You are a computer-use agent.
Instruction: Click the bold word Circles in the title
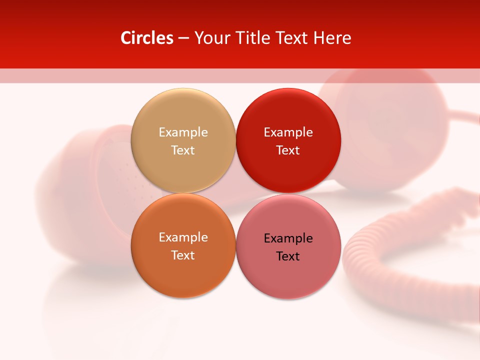coord(146,38)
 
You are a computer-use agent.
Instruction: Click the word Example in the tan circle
coord(183,132)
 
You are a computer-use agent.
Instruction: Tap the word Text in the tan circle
coord(183,150)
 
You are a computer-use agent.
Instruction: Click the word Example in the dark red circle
coord(288,132)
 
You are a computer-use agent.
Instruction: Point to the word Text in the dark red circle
coord(288,150)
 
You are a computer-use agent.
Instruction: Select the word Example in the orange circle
coord(183,237)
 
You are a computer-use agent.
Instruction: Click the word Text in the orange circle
coord(183,255)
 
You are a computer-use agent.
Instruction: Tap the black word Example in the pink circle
coord(288,238)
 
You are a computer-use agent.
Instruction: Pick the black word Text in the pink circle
coord(288,256)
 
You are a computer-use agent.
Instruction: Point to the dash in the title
coord(183,38)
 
